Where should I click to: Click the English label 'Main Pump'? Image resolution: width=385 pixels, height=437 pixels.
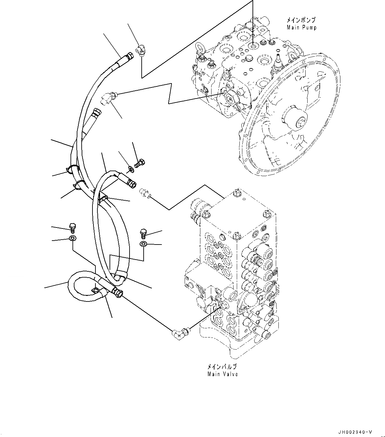(302, 27)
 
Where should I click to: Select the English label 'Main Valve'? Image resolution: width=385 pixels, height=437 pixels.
(222, 374)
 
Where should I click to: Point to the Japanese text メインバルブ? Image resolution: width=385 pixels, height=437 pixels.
(222, 367)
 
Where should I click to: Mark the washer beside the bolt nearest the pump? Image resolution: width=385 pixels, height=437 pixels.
(131, 169)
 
